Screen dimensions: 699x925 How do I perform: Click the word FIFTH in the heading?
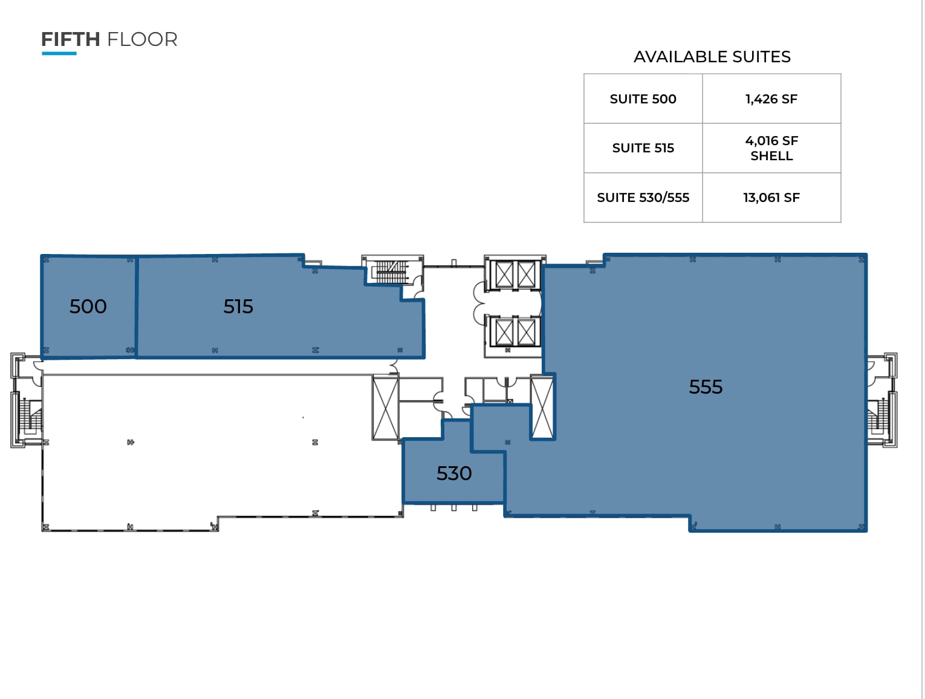70,39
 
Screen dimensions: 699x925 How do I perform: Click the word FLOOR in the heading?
142,39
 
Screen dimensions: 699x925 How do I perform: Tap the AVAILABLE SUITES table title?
712,57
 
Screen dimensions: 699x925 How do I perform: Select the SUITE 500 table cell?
643,99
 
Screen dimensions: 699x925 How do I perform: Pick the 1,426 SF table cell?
771,99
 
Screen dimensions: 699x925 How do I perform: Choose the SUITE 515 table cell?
643,148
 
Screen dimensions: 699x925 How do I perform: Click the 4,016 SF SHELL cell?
771,148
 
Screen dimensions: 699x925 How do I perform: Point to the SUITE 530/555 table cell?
643,198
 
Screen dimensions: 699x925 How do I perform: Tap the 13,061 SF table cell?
771,198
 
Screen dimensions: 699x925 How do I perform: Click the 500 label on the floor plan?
88,307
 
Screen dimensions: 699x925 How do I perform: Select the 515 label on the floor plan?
238,307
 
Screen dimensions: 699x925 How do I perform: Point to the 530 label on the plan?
454,473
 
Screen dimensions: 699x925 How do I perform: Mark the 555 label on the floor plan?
706,387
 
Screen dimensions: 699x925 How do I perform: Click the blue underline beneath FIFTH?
59,54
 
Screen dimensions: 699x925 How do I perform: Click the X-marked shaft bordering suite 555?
542,407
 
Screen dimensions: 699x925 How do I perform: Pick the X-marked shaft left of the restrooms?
385,407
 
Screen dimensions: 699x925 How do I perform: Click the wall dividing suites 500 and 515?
137,307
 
